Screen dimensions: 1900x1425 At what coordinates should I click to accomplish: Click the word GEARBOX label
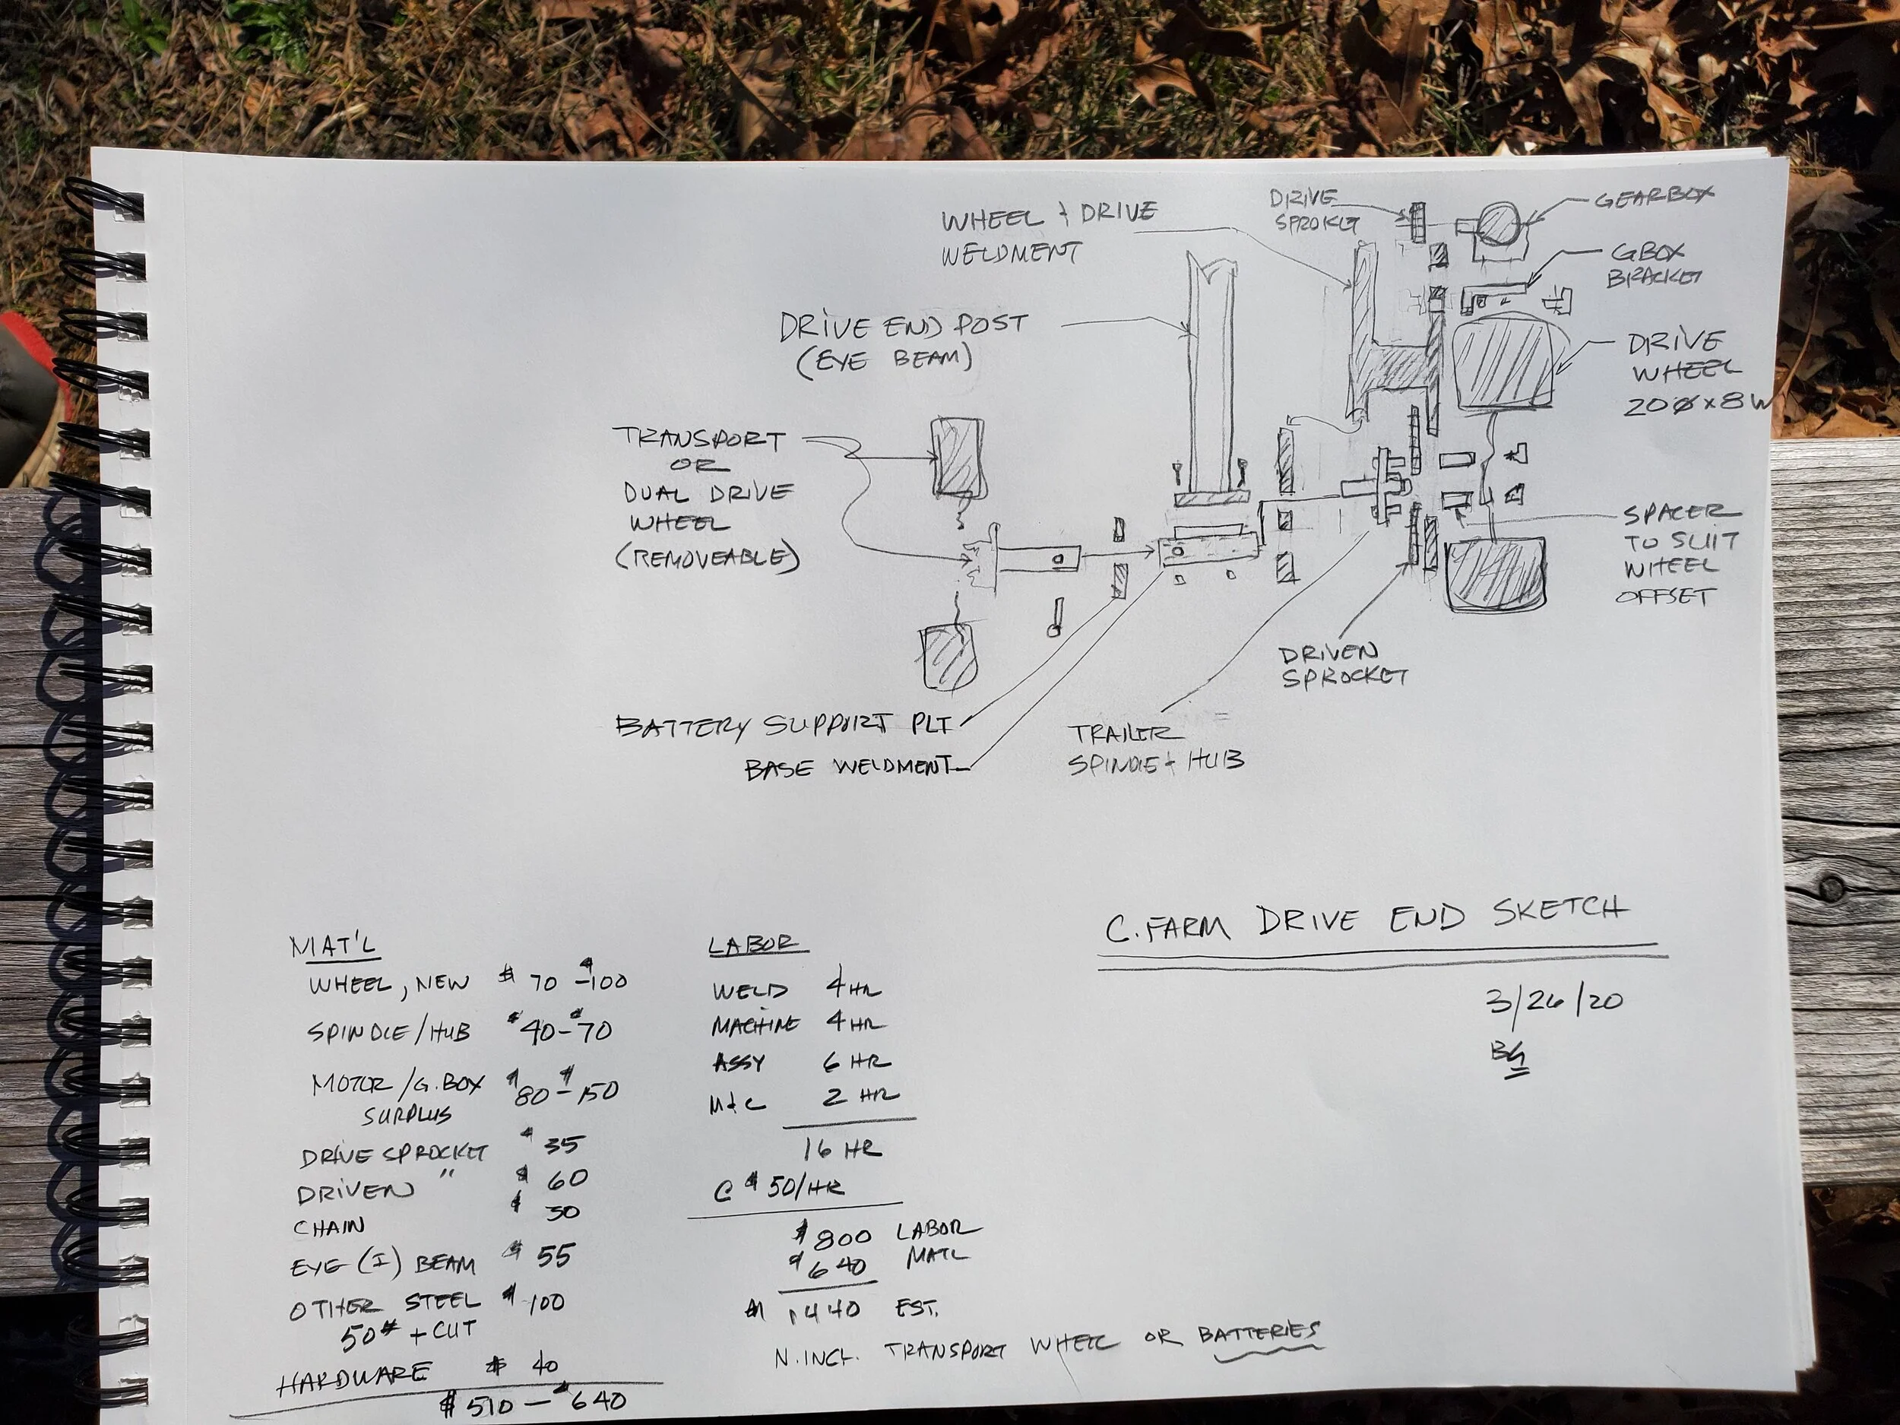point(1653,198)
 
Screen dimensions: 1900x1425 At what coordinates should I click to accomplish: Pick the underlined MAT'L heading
point(334,946)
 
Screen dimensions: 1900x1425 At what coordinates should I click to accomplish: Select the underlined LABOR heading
point(756,945)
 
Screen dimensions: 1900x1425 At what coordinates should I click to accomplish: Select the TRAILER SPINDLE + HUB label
point(1155,746)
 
